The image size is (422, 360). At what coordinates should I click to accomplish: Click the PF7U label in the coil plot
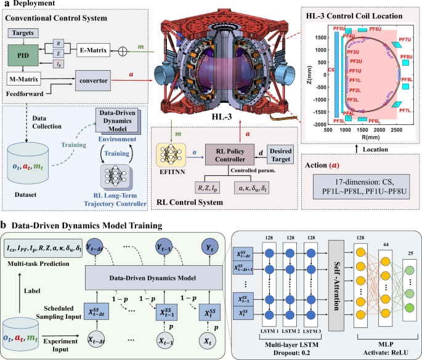pos(404,40)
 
